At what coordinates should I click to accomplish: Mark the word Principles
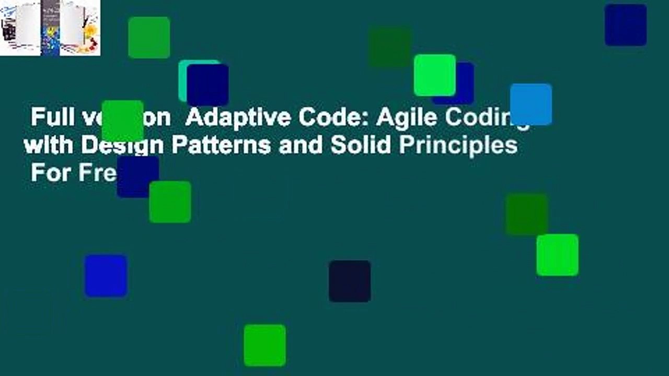[458, 146]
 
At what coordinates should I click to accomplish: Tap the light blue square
[531, 104]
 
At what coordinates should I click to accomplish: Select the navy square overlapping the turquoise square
[208, 85]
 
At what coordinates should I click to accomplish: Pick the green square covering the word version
[123, 121]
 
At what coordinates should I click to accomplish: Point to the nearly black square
[350, 281]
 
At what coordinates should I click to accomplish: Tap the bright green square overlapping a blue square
[435, 75]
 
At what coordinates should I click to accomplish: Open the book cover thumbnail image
[50, 28]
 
